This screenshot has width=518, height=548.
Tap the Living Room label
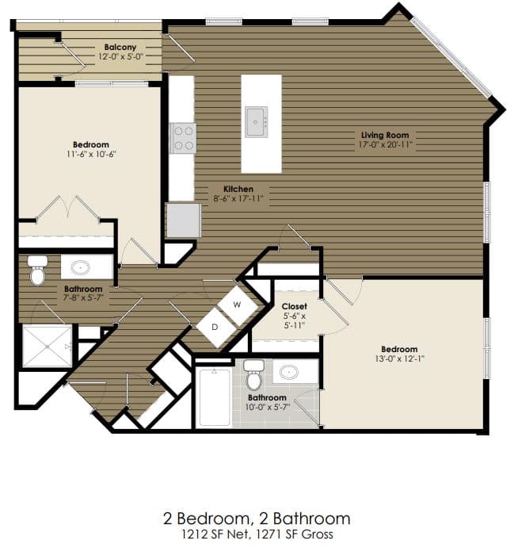(x=385, y=136)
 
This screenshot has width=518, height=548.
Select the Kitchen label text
(x=238, y=189)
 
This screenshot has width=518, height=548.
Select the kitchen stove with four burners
(x=183, y=138)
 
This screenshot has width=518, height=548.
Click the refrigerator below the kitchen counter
(x=183, y=220)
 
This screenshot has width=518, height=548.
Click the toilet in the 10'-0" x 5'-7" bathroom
(x=253, y=374)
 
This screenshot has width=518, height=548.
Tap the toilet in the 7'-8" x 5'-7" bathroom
(x=38, y=271)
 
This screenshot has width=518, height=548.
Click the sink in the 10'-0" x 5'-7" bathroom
(x=290, y=372)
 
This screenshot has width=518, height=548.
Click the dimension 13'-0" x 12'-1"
(x=399, y=359)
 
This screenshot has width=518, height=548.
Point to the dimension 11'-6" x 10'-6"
(x=90, y=154)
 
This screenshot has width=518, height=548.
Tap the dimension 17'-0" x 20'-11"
(x=385, y=145)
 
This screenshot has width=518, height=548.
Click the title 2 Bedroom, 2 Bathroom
(x=256, y=519)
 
